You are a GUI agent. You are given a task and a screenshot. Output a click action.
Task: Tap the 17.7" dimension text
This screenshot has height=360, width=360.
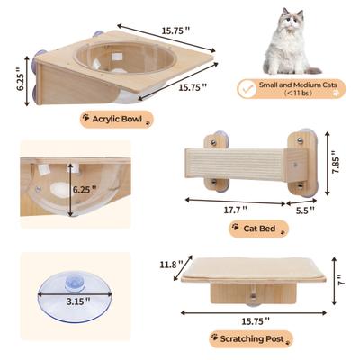pos(237,209)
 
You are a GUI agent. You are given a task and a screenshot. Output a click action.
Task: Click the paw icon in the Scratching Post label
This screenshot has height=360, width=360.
pos(214,339)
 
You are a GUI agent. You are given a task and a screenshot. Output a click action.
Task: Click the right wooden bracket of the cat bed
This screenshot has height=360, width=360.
pos(300,164)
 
